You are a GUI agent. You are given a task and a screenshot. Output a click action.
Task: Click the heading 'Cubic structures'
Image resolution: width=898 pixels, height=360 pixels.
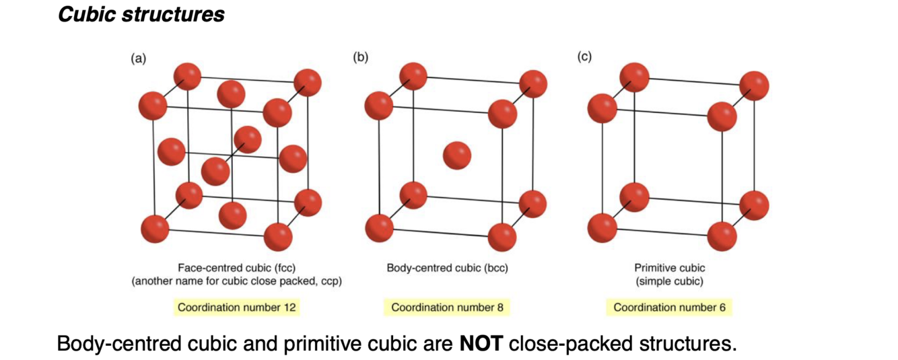(141, 15)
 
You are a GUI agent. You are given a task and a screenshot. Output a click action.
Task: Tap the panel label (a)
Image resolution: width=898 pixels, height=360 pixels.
(137, 58)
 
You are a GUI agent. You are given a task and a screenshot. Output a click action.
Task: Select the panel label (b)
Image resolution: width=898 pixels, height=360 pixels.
(361, 57)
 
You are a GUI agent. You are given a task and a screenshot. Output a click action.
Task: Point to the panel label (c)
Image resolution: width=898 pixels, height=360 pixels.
(584, 57)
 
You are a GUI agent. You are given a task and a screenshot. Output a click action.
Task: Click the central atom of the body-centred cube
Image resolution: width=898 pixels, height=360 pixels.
(457, 155)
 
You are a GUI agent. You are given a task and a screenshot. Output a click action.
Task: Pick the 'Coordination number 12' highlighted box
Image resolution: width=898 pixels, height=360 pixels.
(236, 308)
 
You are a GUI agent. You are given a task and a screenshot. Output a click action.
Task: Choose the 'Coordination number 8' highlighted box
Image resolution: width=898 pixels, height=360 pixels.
(447, 308)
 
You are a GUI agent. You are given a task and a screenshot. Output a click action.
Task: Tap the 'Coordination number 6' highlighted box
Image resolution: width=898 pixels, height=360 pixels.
(669, 308)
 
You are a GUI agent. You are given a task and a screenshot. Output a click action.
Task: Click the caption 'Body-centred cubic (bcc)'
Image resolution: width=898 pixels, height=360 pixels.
(447, 268)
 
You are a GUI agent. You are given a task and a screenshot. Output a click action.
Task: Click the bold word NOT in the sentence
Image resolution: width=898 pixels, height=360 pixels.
(481, 343)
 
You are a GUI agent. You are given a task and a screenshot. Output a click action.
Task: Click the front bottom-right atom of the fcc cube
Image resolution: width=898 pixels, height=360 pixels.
(278, 236)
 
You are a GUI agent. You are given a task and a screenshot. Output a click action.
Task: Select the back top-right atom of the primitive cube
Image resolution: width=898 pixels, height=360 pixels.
(754, 86)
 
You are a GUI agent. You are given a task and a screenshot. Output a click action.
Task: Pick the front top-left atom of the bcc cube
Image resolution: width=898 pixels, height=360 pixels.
(378, 105)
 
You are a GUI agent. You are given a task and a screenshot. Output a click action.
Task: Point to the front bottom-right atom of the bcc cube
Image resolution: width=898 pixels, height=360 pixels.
(502, 236)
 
